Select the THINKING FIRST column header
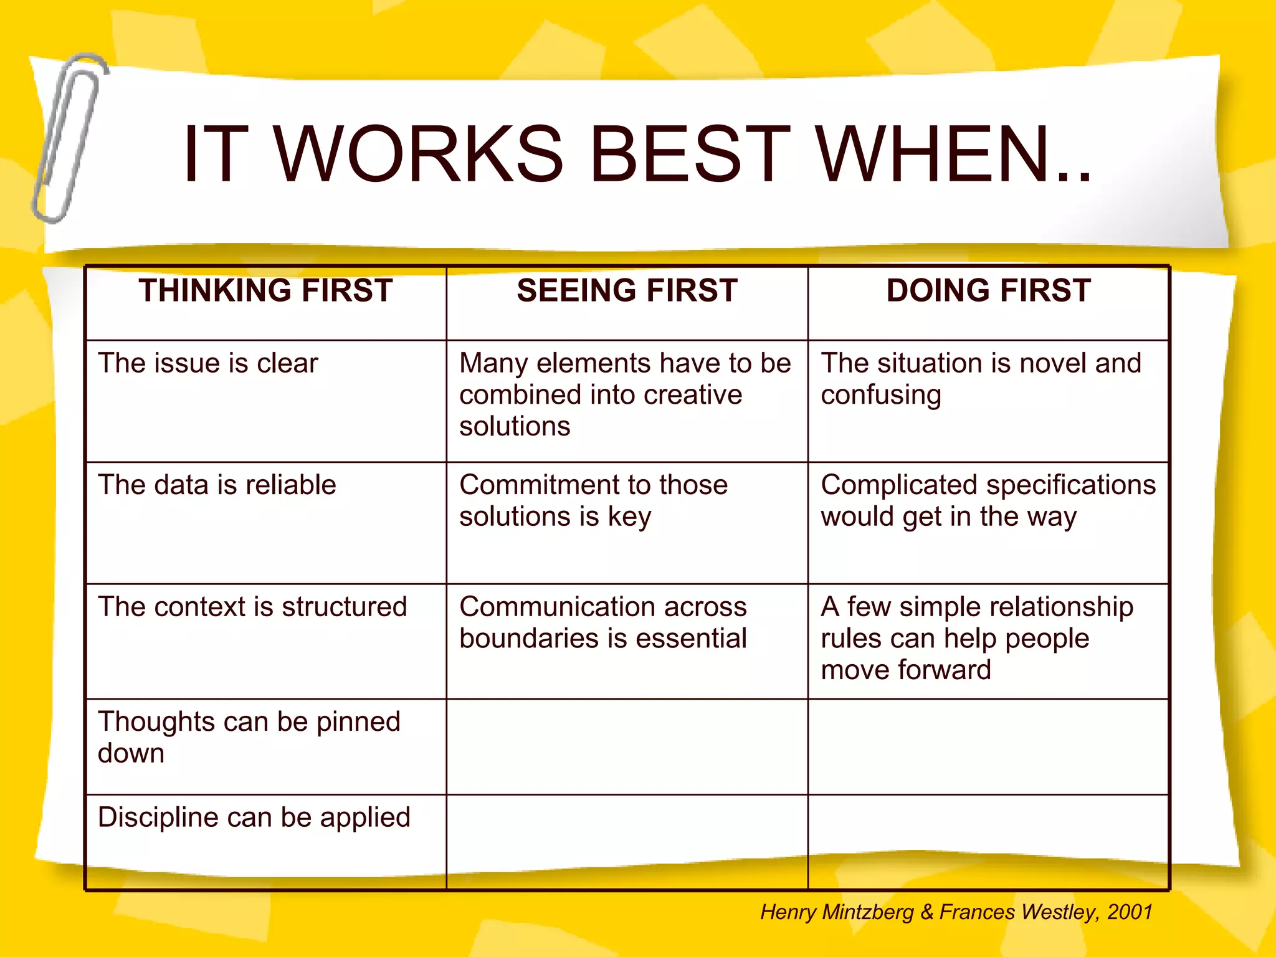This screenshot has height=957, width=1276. (x=266, y=291)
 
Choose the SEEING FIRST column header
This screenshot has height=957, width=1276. (x=627, y=291)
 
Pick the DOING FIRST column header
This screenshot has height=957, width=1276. (x=988, y=291)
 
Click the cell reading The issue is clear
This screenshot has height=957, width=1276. (x=208, y=363)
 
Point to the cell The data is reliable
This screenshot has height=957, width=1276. (x=217, y=485)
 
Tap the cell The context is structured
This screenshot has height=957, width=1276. (x=252, y=607)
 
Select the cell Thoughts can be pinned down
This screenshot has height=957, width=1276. (x=249, y=737)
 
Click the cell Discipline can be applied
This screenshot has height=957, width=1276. (x=254, y=817)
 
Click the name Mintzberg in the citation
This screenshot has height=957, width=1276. (x=868, y=912)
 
